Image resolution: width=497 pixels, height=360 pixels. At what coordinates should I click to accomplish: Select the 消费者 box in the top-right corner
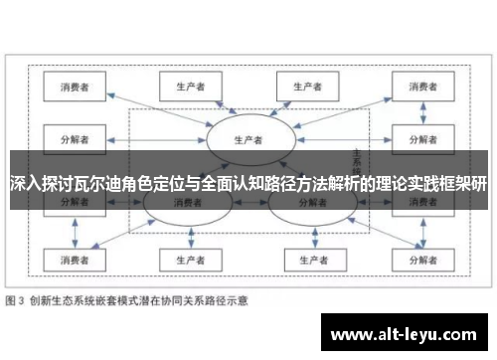coord(417,87)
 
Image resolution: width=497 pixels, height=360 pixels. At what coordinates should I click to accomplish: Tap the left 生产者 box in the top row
coord(183,87)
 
